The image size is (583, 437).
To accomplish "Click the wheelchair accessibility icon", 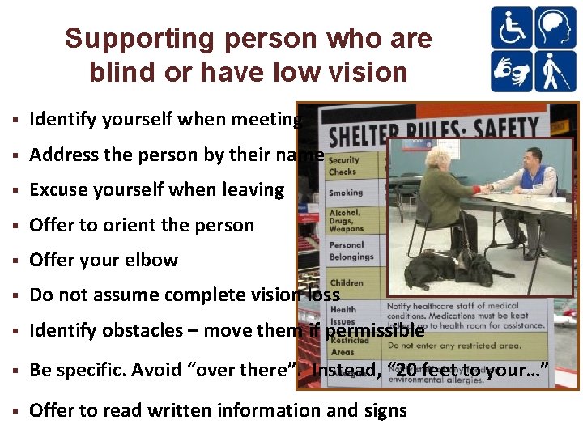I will [x=512, y=28].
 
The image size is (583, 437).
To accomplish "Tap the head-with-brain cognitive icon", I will [x=555, y=28].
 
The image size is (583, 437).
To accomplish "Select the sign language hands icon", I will [x=512, y=71].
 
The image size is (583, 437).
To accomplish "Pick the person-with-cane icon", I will [x=555, y=71].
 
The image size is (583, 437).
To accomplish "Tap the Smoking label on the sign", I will [x=346, y=193].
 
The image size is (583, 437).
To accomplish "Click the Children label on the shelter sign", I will [x=347, y=282].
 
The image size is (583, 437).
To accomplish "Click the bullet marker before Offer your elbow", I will [x=16, y=261].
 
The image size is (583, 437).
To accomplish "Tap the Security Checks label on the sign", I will [x=344, y=166].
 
